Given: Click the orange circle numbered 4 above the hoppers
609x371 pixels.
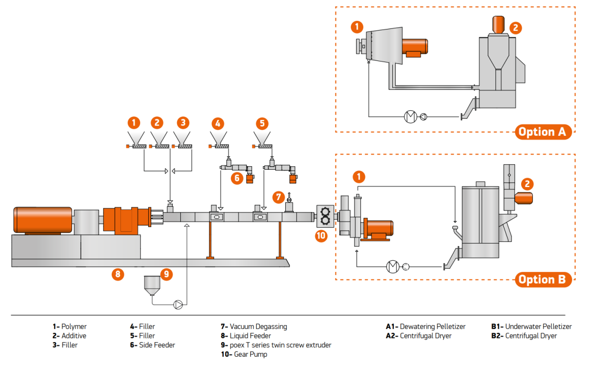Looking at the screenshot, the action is (x=218, y=123).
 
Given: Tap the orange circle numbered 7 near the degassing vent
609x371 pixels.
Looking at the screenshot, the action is (x=278, y=196).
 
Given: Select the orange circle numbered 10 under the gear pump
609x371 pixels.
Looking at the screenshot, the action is (x=321, y=235).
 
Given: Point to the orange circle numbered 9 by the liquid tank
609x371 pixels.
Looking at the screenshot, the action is (x=166, y=274).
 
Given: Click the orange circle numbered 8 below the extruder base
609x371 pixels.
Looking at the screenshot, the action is (x=118, y=274).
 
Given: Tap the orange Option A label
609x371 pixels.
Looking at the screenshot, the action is (x=542, y=132).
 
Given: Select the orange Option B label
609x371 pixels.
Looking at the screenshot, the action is (x=542, y=279).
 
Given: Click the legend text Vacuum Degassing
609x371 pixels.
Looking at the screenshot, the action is (x=258, y=327).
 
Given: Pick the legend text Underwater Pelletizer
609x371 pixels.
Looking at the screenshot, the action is (x=538, y=327).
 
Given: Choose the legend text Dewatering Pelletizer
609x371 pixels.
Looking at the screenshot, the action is (x=432, y=327).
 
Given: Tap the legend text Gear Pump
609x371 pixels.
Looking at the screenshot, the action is (x=250, y=354).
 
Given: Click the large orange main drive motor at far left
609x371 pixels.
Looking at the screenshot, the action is (x=43, y=220).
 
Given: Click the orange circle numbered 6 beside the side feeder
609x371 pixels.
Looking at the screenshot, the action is (x=236, y=178).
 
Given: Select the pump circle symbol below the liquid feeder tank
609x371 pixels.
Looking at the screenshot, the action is (x=179, y=304).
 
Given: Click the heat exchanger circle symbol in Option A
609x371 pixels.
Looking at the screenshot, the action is (x=410, y=117).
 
